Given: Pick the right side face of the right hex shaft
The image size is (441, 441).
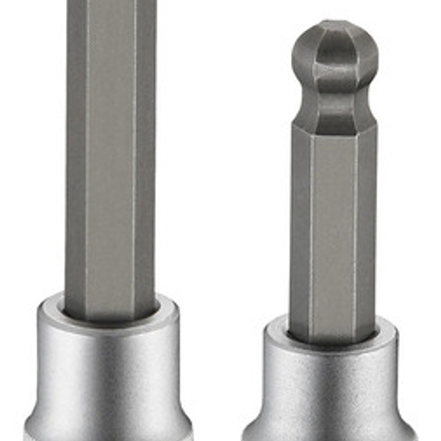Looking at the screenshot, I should tap(366, 232).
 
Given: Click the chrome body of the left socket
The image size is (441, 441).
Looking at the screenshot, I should tap(107, 371).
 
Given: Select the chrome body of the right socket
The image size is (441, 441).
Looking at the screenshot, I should tap(331, 389).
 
